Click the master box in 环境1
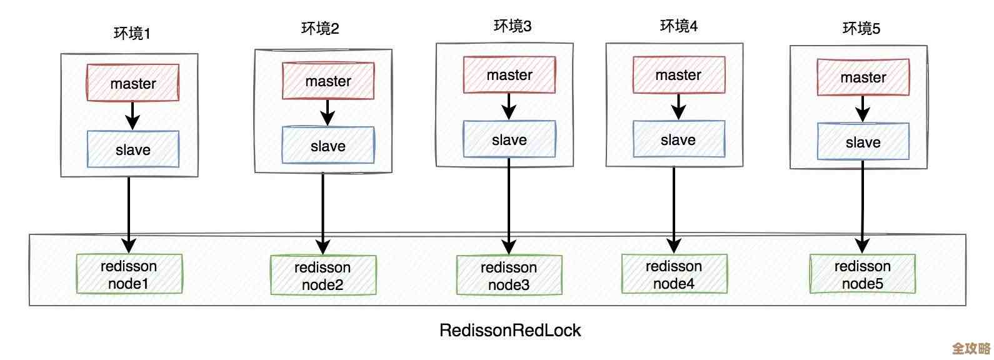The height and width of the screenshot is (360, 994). tap(133, 82)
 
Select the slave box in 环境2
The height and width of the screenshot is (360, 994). tap(328, 145)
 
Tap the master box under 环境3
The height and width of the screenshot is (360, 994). tap(509, 75)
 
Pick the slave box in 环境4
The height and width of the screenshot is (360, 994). tap(678, 139)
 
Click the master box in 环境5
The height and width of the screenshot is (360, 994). tap(863, 77)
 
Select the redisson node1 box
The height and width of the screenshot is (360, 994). tap(129, 274)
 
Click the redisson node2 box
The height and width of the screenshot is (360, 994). tap(323, 275)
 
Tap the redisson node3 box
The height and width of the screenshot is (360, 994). tap(508, 275)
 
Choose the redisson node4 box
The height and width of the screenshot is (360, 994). tap(674, 274)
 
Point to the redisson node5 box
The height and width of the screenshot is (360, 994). tap(862, 274)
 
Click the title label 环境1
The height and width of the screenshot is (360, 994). tap(132, 33)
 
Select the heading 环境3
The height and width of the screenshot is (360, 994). tap(512, 26)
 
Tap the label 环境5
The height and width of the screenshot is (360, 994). tap(861, 28)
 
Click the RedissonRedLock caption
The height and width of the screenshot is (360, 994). tap(510, 330)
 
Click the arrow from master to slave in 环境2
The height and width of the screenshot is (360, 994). tap(328, 112)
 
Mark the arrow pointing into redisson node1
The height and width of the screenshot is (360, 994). tap(129, 212)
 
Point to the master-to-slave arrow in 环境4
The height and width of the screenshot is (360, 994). tap(678, 107)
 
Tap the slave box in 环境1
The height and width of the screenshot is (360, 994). tap(133, 149)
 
